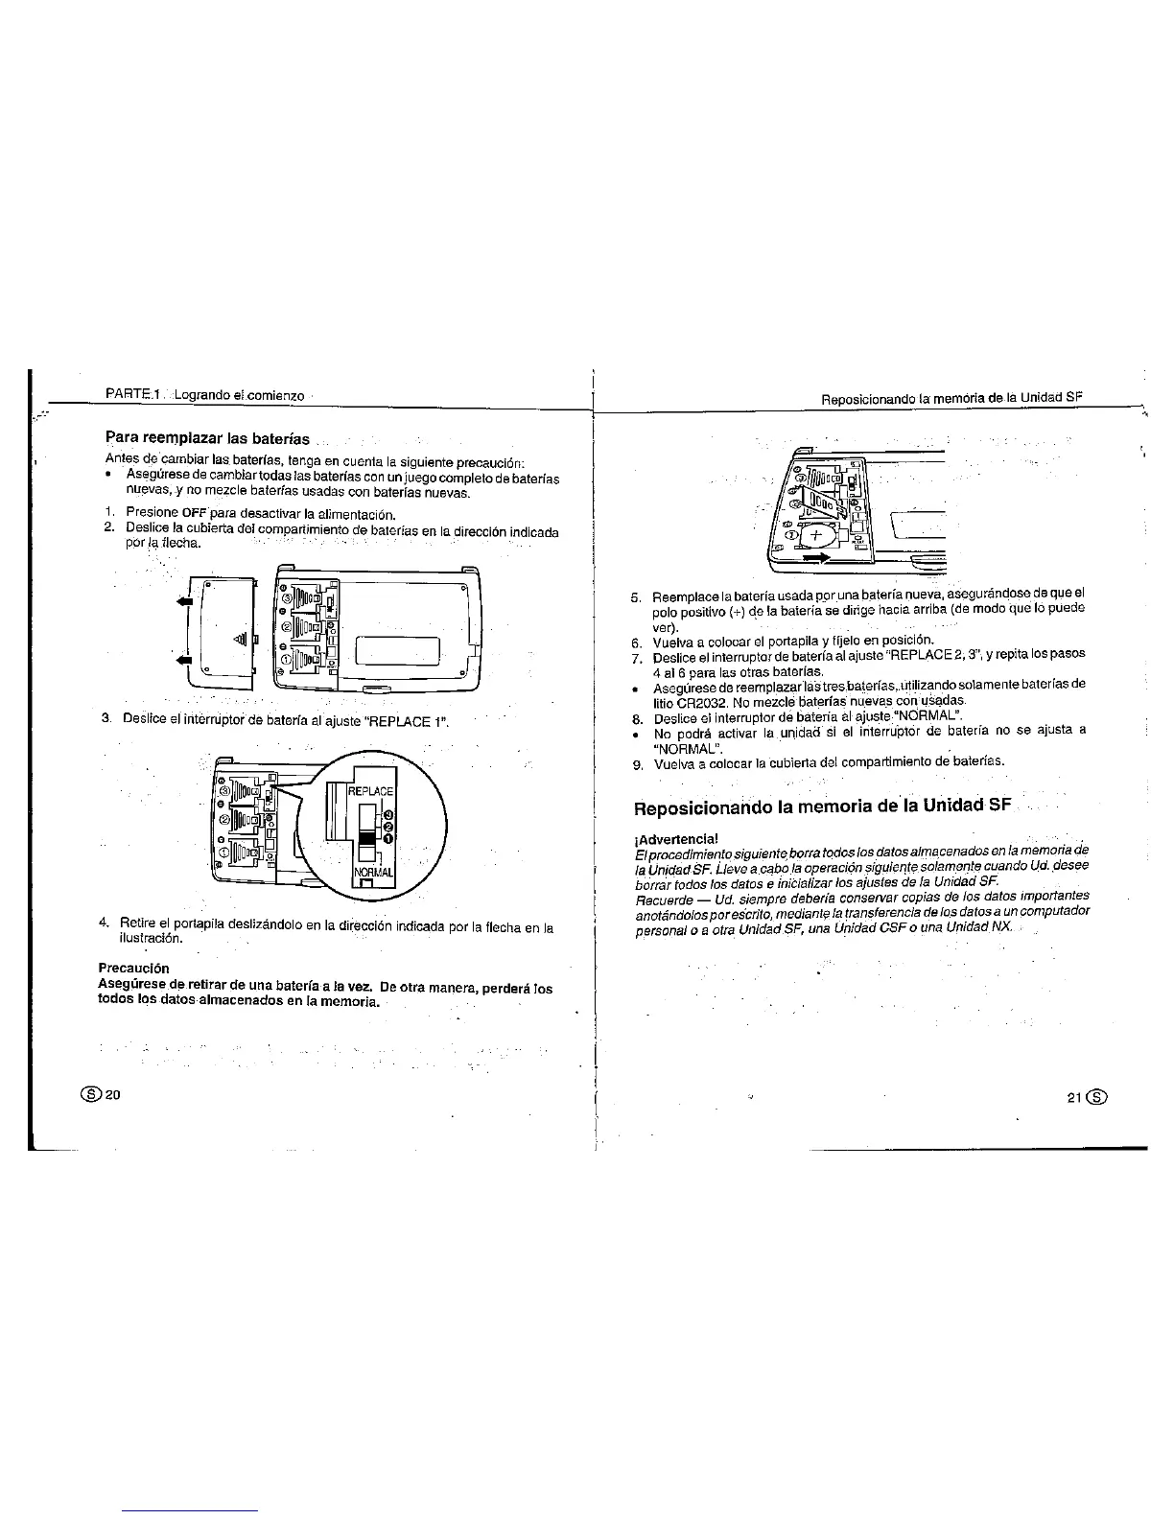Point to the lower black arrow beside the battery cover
[184, 661]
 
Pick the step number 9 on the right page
[635, 764]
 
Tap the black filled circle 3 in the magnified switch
[388, 814]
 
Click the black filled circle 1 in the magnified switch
[388, 840]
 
